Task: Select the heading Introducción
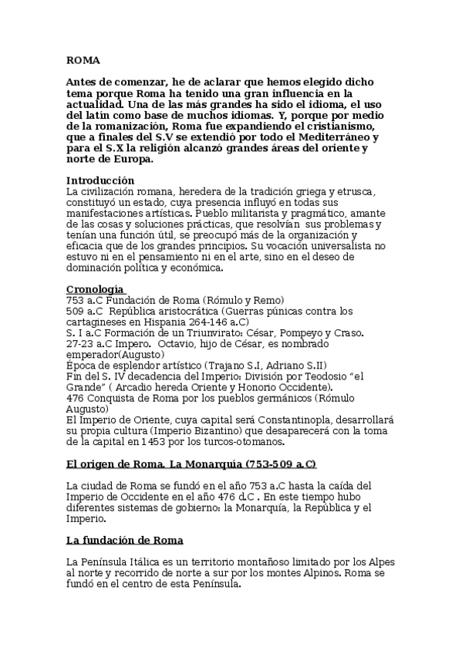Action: [x=100, y=180]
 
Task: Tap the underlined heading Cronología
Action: [x=96, y=288]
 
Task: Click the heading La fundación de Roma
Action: [x=124, y=540]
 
